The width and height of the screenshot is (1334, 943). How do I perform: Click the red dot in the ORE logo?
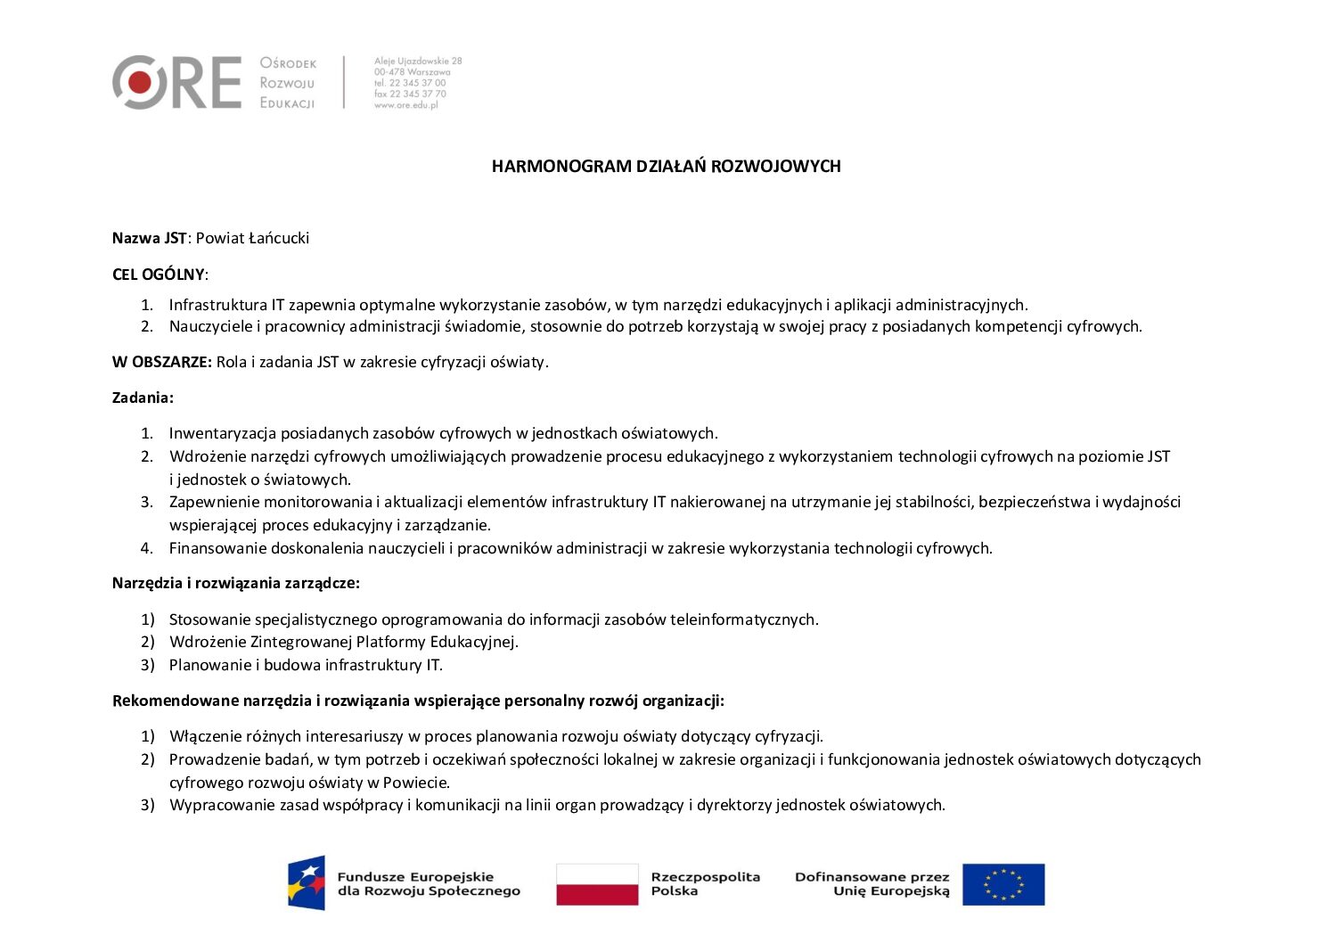pos(139,82)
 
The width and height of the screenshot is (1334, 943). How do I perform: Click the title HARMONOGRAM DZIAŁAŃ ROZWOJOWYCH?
pos(666,167)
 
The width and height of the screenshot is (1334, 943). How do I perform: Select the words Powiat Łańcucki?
pos(252,238)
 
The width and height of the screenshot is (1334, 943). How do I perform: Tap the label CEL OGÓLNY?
pos(158,275)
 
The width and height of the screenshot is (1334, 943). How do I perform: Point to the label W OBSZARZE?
pos(161,362)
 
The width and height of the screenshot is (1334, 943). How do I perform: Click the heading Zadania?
pos(143,398)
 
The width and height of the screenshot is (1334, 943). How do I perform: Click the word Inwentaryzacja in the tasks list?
pos(223,434)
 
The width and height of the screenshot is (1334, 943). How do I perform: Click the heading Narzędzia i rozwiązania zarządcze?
pos(235,584)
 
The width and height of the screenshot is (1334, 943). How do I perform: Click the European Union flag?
pos(1003,884)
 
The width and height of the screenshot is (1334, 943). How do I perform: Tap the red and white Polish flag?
pos(597,884)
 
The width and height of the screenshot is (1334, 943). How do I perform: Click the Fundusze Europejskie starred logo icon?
pos(306,882)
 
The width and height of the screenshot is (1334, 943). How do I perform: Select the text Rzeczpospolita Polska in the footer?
pos(705,884)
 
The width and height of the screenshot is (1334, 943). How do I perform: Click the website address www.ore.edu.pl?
pos(406,105)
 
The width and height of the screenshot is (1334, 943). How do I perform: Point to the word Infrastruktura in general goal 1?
pos(218,305)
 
